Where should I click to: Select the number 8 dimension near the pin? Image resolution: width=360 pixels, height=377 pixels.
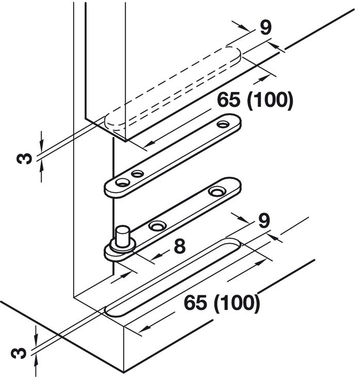[x=179, y=246]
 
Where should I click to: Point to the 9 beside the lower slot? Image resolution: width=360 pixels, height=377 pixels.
[x=263, y=221]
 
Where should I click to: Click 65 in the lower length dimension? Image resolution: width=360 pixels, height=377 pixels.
[x=198, y=302]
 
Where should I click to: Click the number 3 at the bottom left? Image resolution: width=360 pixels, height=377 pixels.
[x=21, y=353]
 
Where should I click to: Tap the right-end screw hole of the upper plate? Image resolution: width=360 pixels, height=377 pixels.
[x=223, y=124]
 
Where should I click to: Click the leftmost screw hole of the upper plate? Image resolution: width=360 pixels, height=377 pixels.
[x=121, y=183]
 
